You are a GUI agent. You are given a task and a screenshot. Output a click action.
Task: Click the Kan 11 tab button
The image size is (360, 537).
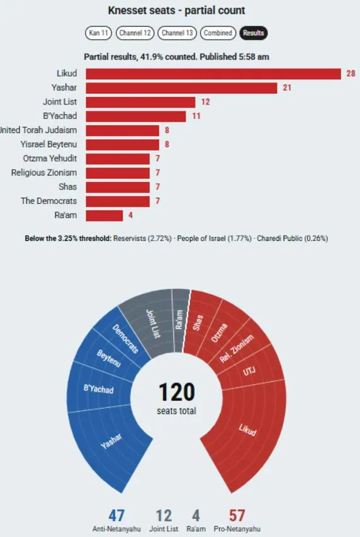[x=98, y=33]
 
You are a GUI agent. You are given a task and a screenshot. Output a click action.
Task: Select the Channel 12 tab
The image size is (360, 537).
[x=135, y=33]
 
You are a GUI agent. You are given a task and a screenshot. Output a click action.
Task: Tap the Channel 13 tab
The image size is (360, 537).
[x=177, y=33]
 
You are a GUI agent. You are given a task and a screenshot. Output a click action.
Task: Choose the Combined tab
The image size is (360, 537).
[x=218, y=33]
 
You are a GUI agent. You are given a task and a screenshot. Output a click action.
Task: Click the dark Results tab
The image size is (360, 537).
[x=254, y=33]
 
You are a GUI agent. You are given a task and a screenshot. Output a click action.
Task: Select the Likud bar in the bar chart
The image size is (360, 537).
[x=213, y=74]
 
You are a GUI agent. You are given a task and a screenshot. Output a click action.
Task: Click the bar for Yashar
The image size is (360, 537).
[x=181, y=88]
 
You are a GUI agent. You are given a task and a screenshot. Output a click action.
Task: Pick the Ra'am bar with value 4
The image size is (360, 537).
[x=104, y=215]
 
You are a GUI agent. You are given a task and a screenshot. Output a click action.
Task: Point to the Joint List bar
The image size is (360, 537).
[x=140, y=102]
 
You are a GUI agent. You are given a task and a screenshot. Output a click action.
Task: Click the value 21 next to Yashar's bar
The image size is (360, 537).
[x=287, y=88]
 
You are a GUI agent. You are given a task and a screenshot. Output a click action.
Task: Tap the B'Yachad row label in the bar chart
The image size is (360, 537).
[x=60, y=116]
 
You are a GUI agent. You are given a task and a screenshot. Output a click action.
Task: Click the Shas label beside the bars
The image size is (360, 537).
[x=67, y=186]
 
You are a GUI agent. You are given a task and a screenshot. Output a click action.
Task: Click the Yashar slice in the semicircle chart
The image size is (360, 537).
[x=110, y=442]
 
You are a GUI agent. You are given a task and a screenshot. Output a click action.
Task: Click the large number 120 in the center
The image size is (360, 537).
[x=177, y=392]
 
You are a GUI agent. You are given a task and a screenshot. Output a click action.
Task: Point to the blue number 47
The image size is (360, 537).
[x=116, y=516]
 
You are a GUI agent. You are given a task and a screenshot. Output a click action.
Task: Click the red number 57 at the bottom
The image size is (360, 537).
[x=237, y=516]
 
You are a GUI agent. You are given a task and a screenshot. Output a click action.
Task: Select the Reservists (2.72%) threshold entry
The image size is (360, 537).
[x=142, y=239]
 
